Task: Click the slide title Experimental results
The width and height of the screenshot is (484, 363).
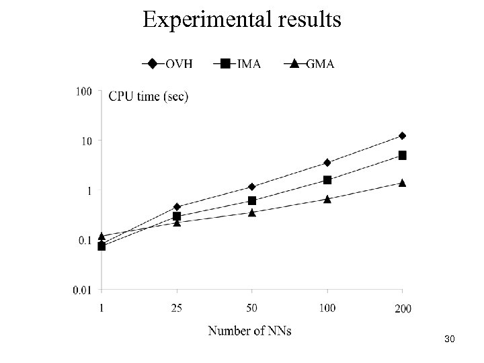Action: point(241,19)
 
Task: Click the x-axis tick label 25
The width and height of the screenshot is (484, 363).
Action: point(177,307)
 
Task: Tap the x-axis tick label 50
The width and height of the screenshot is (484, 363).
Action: point(252,307)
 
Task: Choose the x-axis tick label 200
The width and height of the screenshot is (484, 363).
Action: point(402,309)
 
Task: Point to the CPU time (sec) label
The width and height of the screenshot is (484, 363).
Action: point(149,96)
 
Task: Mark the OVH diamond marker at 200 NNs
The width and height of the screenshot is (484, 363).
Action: point(402,136)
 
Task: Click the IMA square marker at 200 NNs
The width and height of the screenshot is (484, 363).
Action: point(402,155)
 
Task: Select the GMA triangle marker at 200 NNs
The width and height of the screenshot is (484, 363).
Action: point(402,183)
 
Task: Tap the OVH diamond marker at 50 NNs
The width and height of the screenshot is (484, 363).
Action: point(252,186)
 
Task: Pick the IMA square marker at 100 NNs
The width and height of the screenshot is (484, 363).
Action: point(327,180)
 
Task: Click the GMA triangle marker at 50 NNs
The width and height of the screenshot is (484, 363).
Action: point(252,212)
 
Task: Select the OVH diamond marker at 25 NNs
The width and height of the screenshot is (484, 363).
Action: point(177,206)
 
